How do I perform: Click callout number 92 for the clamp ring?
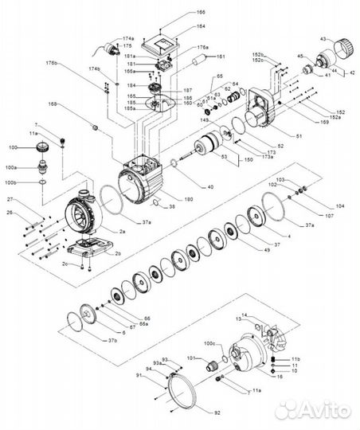pyautogui.click(x=219, y=413)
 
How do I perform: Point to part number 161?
pyautogui.click(x=221, y=57)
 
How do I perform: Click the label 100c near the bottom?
pyautogui.click(x=210, y=344)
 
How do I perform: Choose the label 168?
pyautogui.click(x=53, y=104)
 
